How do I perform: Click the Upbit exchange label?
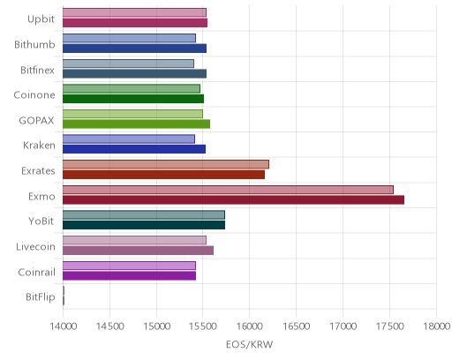coord(41,19)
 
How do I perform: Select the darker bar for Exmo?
coord(233,200)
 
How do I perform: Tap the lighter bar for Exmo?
coord(228,190)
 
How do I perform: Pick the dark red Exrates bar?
coord(163,175)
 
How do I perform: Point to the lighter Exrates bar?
coord(166,164)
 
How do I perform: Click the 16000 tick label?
coord(249,326)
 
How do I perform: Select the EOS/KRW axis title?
coord(249,344)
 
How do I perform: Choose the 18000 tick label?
coord(436,326)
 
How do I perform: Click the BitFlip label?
coord(41,297)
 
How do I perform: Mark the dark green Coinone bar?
coord(133,99)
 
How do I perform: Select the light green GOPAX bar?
coord(132,114)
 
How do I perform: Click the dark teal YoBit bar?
coord(144,225)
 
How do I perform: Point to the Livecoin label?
coord(35,246)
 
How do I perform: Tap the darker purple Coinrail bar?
coord(129,276)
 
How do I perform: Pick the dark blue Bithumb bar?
coord(134,49)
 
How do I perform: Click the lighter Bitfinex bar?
coord(128,64)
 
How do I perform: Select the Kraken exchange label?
coord(39,146)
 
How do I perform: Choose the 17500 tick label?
coord(389,326)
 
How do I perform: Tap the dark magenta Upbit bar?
coord(135,23)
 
